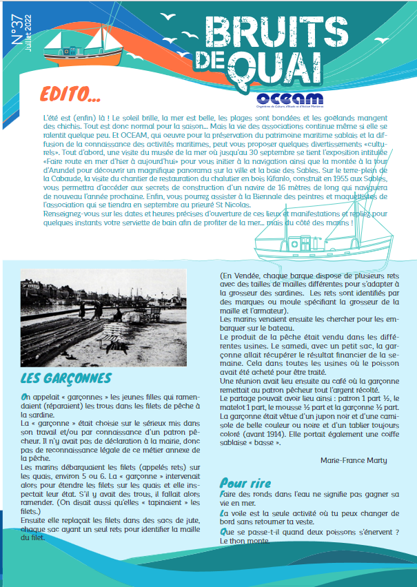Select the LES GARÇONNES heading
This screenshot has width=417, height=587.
pos(65,379)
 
